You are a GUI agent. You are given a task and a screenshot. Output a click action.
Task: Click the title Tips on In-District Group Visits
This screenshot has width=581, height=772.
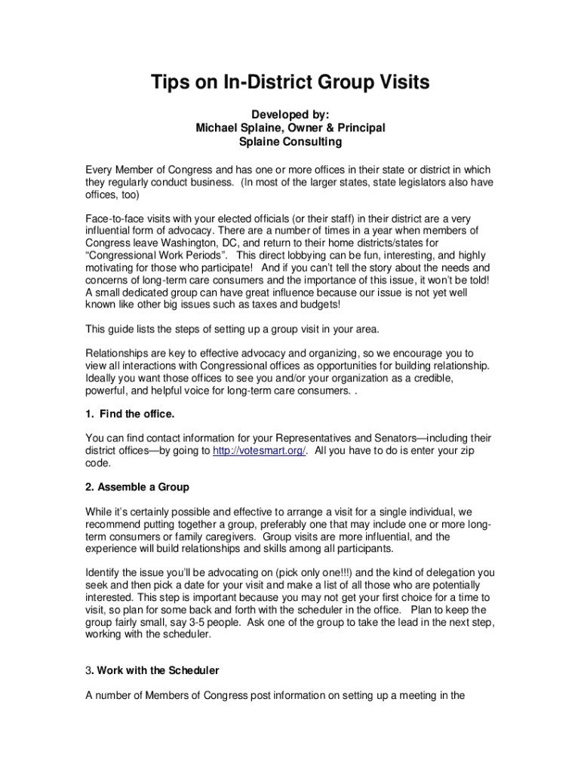point(290,82)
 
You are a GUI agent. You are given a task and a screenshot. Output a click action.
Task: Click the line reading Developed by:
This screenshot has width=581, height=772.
point(290,114)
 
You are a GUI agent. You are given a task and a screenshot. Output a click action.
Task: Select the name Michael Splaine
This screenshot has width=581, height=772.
point(239,127)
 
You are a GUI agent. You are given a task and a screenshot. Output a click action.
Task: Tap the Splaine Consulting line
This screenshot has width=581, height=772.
point(290,141)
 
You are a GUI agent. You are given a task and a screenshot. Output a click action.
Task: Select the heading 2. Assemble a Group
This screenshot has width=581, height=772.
point(137,486)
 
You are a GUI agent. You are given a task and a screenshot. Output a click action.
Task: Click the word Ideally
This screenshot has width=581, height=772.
point(101,378)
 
